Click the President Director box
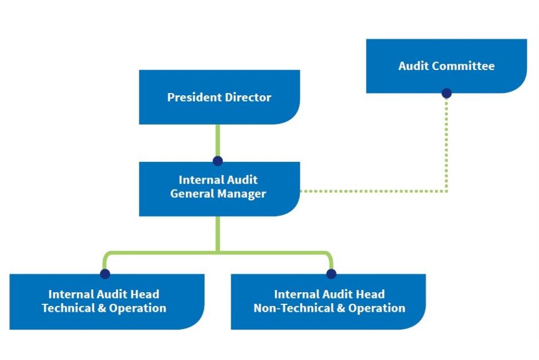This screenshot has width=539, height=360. (x=219, y=97)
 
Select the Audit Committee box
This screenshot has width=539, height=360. (x=446, y=65)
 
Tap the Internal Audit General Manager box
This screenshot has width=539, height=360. (x=219, y=188)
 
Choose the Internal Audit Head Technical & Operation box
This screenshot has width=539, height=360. (x=106, y=301)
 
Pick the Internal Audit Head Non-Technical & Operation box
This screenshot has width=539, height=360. (x=328, y=301)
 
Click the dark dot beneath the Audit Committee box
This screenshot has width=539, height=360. (x=447, y=93)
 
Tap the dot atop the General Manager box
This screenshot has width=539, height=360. (x=218, y=161)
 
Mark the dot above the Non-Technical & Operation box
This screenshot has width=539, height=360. (x=331, y=274)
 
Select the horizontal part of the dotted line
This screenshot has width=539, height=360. (x=373, y=191)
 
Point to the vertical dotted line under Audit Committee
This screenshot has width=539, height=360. (x=447, y=144)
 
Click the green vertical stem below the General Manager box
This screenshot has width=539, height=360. (x=218, y=233)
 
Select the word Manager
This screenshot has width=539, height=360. (x=242, y=194)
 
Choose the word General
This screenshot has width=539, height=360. (x=192, y=194)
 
